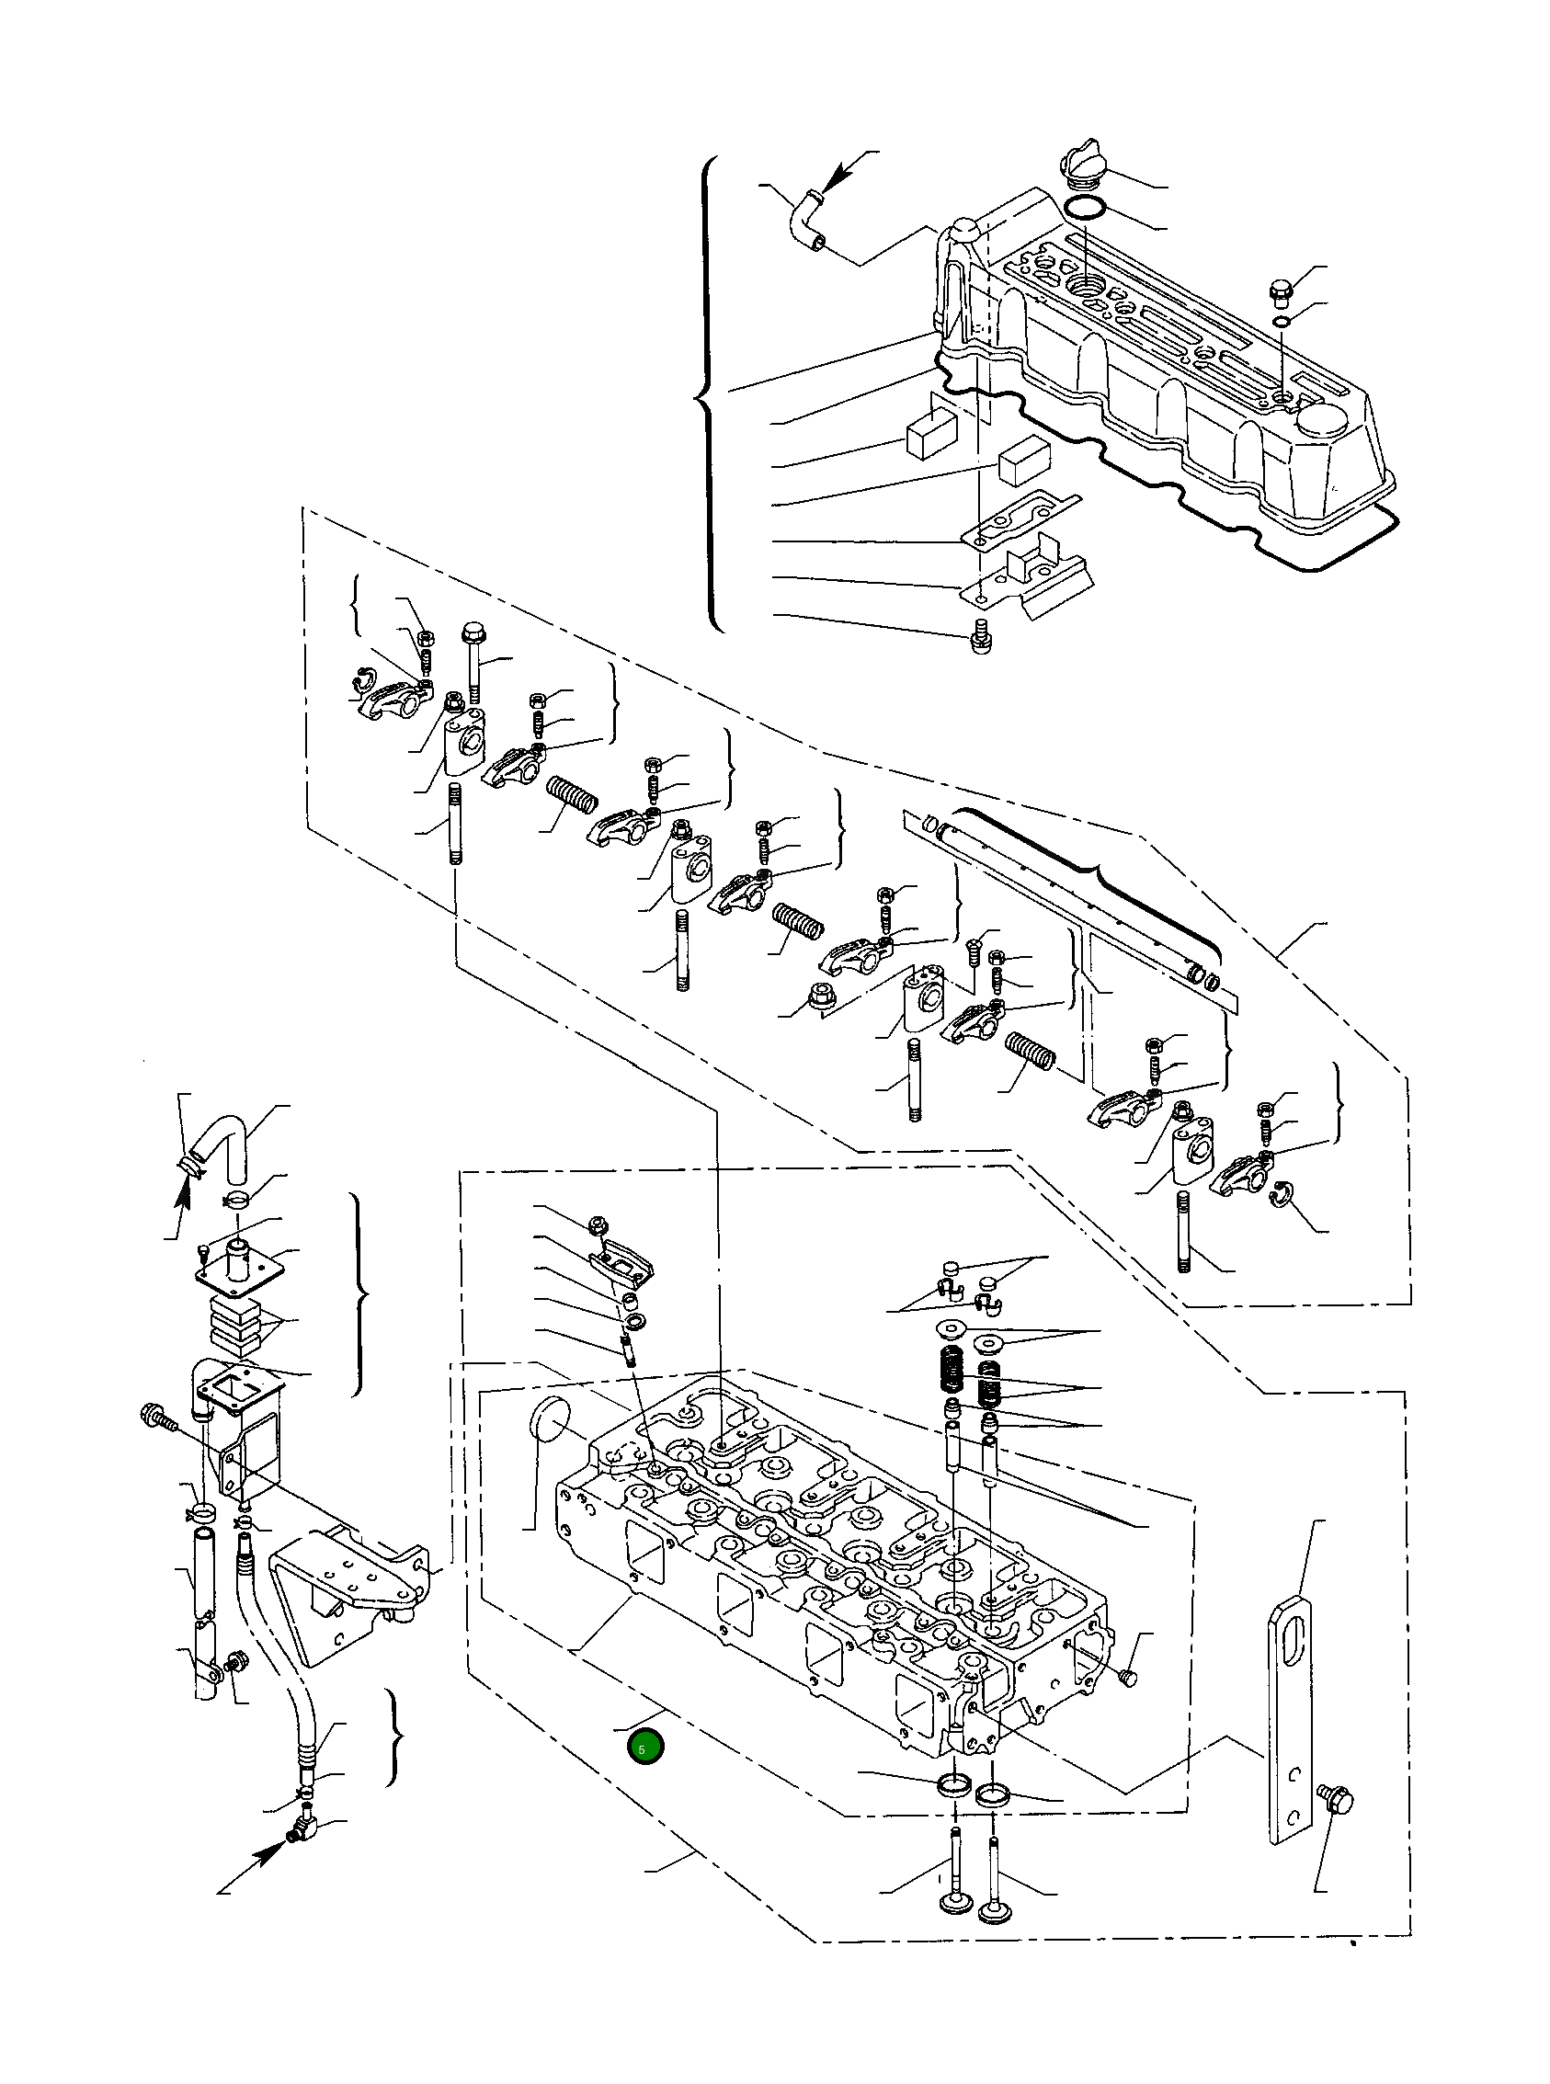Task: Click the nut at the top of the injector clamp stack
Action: (x=596, y=1224)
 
